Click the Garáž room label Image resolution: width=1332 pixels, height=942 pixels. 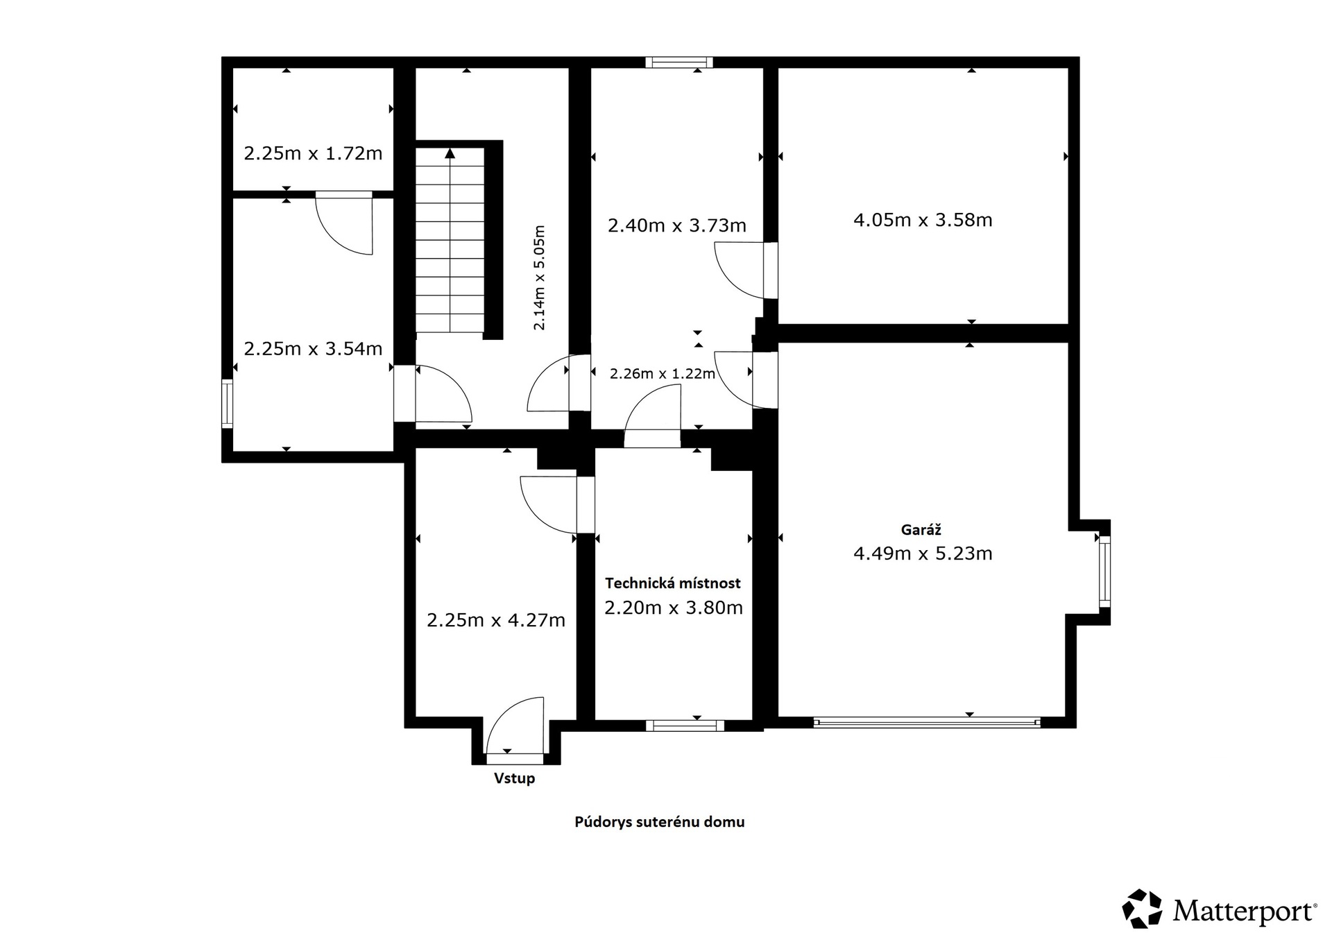tap(921, 530)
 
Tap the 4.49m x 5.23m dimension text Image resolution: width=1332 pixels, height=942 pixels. tap(923, 554)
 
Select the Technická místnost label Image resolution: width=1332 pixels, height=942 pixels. tap(673, 583)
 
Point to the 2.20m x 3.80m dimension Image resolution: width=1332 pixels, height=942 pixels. tap(674, 608)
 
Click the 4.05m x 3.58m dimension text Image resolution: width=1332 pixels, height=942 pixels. tap(923, 221)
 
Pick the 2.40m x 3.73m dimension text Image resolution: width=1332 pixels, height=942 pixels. tap(677, 225)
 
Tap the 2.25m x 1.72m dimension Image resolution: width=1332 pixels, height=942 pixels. tap(313, 153)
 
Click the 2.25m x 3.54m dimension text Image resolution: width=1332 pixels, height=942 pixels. tap(313, 349)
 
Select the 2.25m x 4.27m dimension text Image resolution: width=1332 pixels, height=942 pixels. tap(496, 620)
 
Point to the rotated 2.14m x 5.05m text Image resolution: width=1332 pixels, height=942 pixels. tap(539, 277)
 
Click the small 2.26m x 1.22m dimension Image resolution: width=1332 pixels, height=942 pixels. tap(663, 374)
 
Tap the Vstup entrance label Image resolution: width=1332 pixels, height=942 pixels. tap(514, 778)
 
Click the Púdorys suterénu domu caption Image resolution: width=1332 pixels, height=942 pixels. tap(659, 822)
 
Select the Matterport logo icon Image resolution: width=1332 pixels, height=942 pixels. tap(1142, 908)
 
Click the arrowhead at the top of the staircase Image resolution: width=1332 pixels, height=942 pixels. tap(450, 153)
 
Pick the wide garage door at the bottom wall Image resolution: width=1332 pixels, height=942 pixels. tap(927, 722)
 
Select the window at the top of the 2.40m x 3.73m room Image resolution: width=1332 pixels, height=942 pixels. tap(679, 62)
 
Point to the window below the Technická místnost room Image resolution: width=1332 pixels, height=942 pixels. tap(685, 726)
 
